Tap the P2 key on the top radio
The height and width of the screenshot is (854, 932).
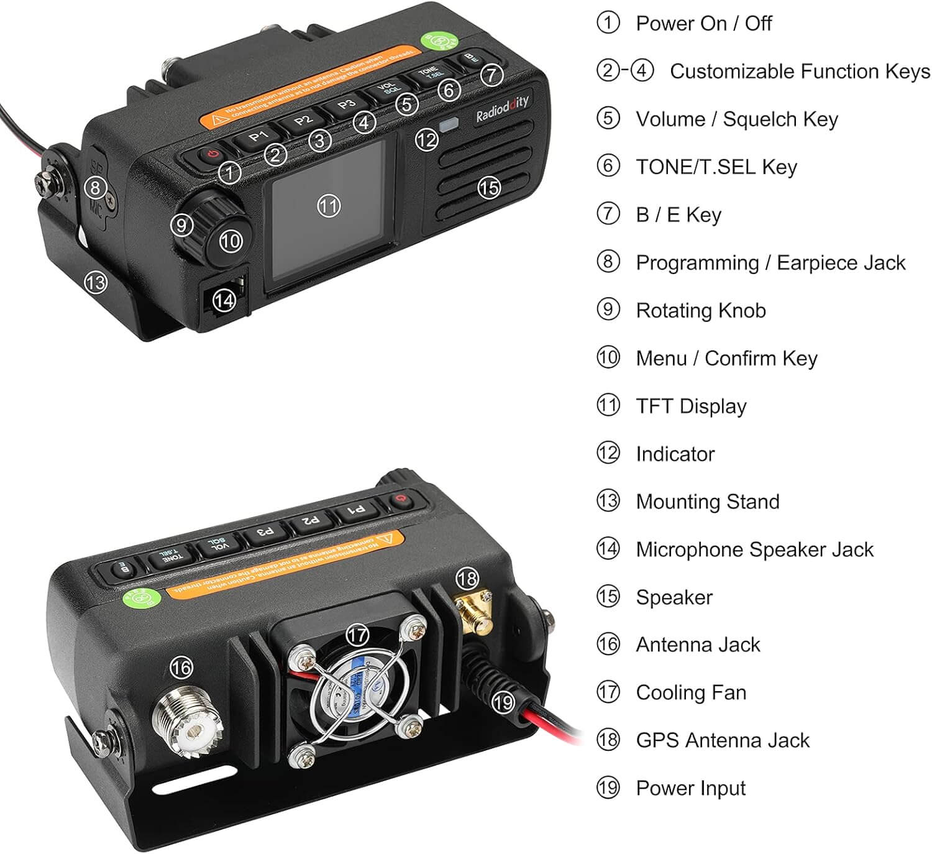pyautogui.click(x=302, y=119)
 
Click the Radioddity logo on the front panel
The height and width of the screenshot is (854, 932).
pyautogui.click(x=501, y=110)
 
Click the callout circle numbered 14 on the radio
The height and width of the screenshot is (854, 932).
pyautogui.click(x=224, y=300)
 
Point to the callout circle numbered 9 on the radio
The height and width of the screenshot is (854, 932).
pyautogui.click(x=181, y=224)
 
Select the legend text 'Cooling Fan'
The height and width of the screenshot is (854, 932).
pyautogui.click(x=691, y=692)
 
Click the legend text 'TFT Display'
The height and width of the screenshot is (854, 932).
pyautogui.click(x=691, y=406)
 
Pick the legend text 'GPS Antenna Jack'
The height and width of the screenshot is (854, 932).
pyautogui.click(x=723, y=740)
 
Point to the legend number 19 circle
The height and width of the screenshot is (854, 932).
pyautogui.click(x=608, y=787)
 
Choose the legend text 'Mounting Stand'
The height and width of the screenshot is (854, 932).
pyautogui.click(x=708, y=502)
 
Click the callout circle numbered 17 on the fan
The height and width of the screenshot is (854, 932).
pyautogui.click(x=357, y=635)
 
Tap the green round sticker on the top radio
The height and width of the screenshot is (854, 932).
pyautogui.click(x=438, y=42)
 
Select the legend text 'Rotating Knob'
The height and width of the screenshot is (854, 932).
pyautogui.click(x=701, y=310)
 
